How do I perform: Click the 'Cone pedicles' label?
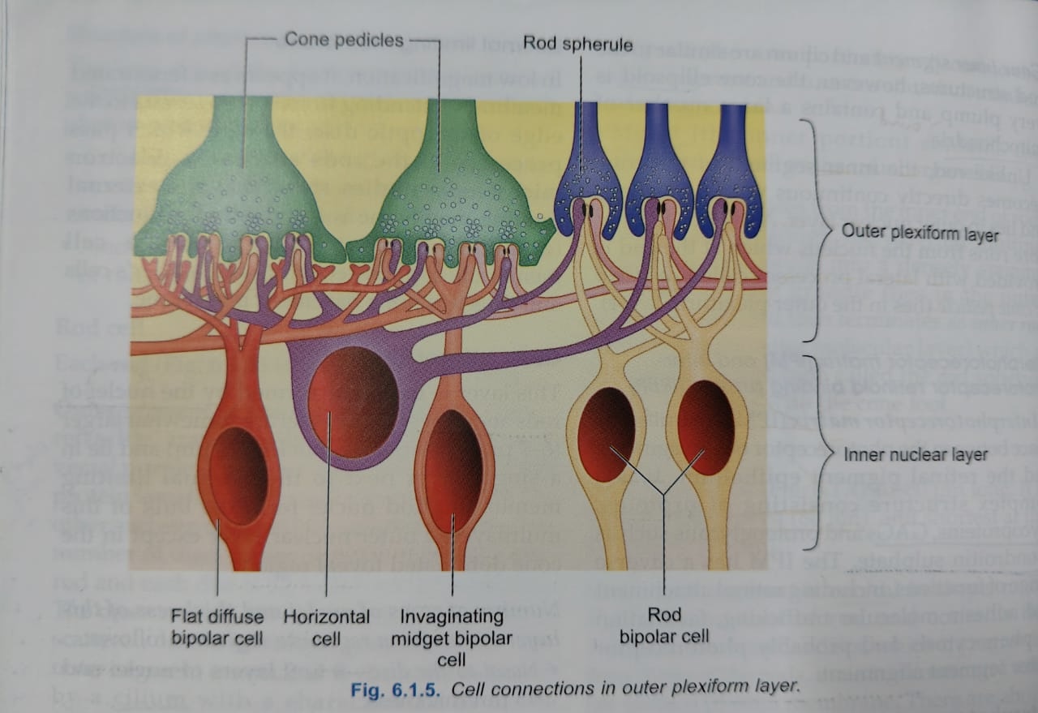point(343,40)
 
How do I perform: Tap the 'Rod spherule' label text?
point(577,43)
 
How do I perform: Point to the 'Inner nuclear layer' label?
point(916,454)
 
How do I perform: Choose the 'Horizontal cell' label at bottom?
point(326,626)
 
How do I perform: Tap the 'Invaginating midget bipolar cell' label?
point(451,638)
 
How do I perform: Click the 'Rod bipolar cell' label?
point(664,626)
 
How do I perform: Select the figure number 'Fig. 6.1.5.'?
point(397,689)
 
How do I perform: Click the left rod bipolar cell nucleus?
point(606,434)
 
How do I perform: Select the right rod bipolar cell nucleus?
point(706,427)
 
